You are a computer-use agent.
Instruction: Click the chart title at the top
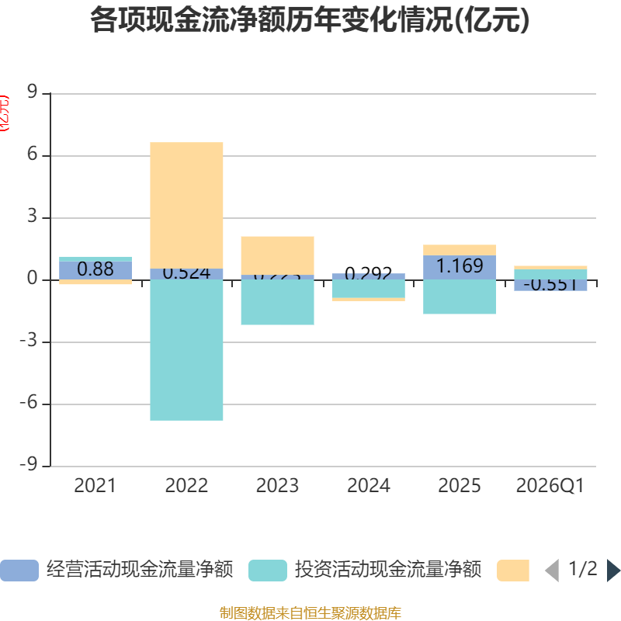(310, 20)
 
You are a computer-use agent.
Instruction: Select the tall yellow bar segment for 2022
(186, 205)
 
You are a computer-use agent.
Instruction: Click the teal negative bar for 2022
(186, 350)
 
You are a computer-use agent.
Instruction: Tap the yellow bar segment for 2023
(277, 255)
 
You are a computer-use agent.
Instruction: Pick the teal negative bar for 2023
(277, 302)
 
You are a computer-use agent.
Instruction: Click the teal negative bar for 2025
(460, 297)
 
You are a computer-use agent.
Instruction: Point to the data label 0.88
(95, 269)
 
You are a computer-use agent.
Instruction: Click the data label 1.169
(460, 266)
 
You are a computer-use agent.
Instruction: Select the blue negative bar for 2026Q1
(550, 285)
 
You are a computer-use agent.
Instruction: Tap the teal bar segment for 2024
(368, 288)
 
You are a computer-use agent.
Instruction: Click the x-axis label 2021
(95, 486)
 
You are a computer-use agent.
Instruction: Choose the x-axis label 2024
(368, 486)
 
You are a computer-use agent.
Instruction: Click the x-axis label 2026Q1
(550, 486)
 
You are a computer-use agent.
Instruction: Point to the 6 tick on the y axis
(33, 155)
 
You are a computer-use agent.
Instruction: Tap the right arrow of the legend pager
(613, 571)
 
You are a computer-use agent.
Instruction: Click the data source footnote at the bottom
(310, 613)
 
